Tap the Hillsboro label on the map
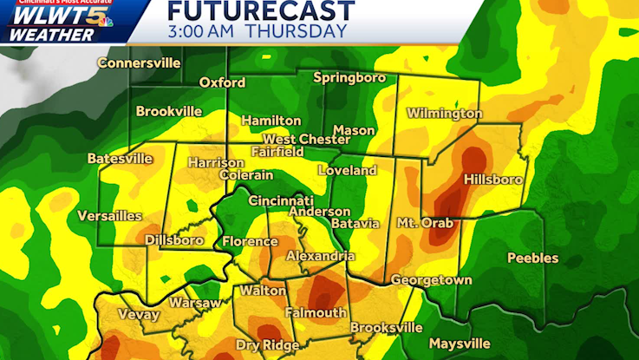493,180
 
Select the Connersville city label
139,62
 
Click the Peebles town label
532,258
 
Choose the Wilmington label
444,114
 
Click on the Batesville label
120,159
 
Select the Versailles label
109,215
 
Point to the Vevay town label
139,315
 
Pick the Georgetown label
431,280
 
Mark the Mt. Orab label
426,222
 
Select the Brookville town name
168,111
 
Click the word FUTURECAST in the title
260,11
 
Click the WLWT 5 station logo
57,16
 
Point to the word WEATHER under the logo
52,35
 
